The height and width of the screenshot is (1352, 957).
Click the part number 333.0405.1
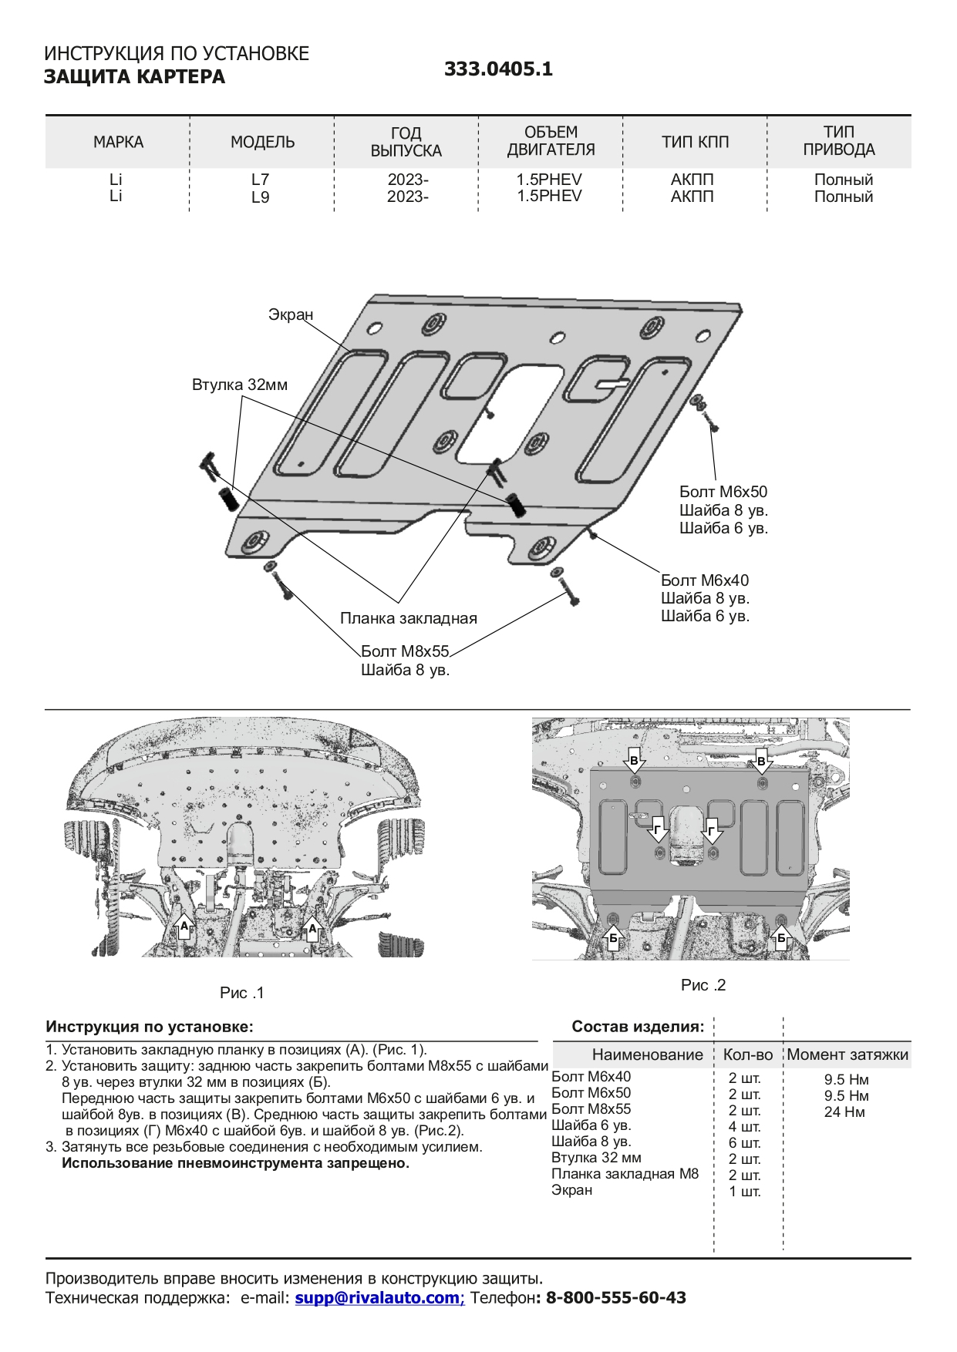pos(498,69)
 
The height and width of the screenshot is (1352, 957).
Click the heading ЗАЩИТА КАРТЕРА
pos(134,77)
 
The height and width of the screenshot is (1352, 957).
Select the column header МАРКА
pos(118,143)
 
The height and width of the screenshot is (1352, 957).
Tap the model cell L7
pos(261,180)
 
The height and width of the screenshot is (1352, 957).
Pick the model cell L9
pos(261,197)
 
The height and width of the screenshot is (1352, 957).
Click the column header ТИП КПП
pos(695,143)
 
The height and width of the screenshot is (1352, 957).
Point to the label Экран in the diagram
pos(291,314)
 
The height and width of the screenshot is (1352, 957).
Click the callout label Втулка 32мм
pos(240,385)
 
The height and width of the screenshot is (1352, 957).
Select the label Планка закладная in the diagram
pos(409,618)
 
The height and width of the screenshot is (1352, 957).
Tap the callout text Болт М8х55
pos(405,652)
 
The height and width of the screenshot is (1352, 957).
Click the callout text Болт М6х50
pos(723,492)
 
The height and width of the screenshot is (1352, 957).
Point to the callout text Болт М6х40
pos(705,580)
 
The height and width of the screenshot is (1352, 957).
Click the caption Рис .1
pos(242,993)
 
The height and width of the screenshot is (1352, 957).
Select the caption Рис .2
pos(703,985)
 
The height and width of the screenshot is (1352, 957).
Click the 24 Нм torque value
pos(844,1112)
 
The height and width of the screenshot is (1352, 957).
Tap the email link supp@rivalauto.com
pos(377,1298)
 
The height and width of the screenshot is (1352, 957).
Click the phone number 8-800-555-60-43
pos(615,1298)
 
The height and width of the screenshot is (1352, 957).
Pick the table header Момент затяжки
pos(847,1055)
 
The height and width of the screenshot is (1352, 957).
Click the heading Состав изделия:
pos(638,1027)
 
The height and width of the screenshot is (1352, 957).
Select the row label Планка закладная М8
pos(625,1174)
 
